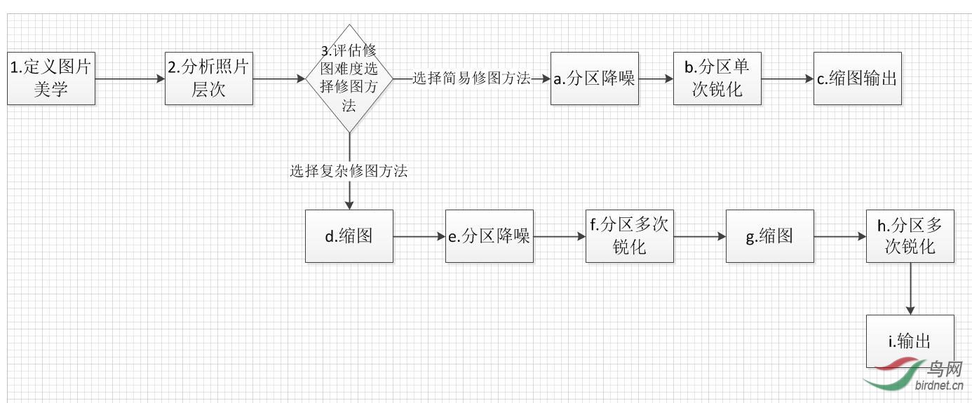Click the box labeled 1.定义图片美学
[x=51, y=78]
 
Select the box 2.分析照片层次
[x=209, y=78]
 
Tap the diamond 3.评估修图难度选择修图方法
[x=349, y=78]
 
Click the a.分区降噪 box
[x=594, y=78]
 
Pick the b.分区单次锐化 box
[x=717, y=78]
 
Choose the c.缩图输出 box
[x=857, y=78]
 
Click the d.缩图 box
[x=349, y=236]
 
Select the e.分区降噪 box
[x=490, y=236]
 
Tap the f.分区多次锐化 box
[x=630, y=236]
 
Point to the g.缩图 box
[x=770, y=236]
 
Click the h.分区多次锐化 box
[x=910, y=236]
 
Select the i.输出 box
[x=910, y=341]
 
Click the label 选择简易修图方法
[x=471, y=78]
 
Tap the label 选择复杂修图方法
[x=349, y=170]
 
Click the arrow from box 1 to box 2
[x=130, y=79]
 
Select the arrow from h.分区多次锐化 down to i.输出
[x=910, y=289]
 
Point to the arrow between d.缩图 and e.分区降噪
[x=419, y=237]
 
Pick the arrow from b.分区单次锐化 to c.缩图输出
[x=787, y=79]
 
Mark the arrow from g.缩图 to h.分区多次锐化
[x=840, y=237]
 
